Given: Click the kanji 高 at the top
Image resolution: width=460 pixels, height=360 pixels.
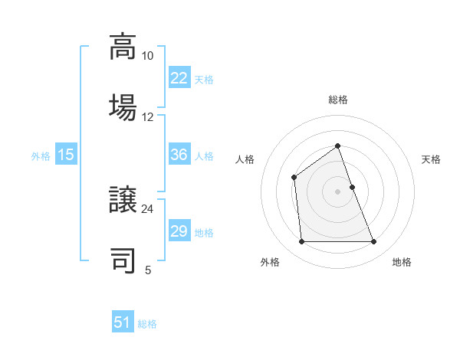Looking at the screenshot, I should pos(123,47).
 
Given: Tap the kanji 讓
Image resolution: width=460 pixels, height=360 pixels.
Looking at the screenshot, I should pos(123,200).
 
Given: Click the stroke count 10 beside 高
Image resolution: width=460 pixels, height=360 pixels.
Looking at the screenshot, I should pos(147,56).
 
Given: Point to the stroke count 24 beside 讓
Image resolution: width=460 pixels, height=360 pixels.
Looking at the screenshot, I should pos(147,208).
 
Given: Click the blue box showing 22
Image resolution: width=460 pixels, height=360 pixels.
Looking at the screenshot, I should pos(179,77).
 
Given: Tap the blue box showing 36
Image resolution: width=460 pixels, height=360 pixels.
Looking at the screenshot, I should pos(179,155).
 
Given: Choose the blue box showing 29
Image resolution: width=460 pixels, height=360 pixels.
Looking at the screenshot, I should pos(179,231).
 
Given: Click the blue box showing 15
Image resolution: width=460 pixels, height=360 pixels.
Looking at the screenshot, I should pos(66,155).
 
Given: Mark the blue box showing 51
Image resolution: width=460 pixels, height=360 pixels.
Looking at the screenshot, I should pos(123,322).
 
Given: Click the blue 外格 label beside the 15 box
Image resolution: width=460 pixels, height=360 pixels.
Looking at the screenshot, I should pos(41,155).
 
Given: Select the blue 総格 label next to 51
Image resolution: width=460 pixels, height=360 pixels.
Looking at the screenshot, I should pos(147,323).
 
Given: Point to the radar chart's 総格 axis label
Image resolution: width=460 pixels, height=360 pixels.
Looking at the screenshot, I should pos(337,100).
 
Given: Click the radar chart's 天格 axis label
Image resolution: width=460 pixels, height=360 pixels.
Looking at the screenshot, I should pos(431,159).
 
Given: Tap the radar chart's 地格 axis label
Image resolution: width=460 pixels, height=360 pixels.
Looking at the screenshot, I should pos(402,262).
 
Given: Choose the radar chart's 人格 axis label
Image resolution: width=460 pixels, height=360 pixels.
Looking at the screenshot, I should pos(245,159).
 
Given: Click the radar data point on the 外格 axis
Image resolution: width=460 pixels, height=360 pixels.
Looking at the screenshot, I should pos(301,242).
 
